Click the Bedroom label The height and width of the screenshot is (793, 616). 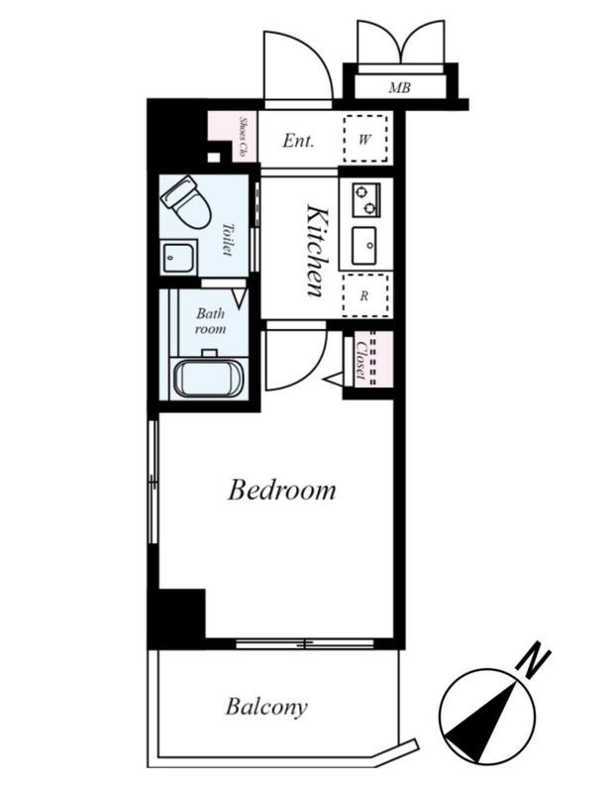[281, 491]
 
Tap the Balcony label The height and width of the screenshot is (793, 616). [266, 707]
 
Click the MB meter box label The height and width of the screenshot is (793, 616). [400, 88]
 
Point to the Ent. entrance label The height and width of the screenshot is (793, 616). [298, 140]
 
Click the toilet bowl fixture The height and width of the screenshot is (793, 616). [184, 203]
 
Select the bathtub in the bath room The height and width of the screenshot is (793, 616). [208, 379]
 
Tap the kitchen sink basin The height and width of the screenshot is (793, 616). [364, 245]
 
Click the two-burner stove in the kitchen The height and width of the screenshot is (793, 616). [366, 199]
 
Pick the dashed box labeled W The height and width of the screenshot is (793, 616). [365, 138]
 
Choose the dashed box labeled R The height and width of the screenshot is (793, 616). [364, 295]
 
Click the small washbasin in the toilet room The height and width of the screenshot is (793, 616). [177, 258]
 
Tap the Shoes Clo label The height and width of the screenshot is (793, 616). [242, 137]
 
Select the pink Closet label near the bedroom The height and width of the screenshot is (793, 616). [360, 360]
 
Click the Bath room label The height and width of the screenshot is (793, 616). [211, 321]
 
